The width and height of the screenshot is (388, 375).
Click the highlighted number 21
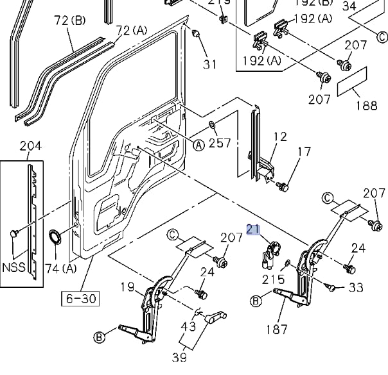pos(253,229)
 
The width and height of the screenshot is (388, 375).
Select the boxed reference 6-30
pos(79,298)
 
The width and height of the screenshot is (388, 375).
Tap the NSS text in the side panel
pos(14,267)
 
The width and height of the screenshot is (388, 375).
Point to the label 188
pos(366,106)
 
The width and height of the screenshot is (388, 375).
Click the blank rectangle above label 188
pos(352,83)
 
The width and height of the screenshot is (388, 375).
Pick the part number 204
pos(30,146)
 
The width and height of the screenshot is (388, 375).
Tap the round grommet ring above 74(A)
pos(57,237)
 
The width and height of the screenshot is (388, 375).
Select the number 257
pos(220,143)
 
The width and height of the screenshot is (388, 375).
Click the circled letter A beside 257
pos(199,146)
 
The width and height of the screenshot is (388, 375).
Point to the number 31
pos(210,64)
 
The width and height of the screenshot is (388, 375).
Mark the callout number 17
pos(304,152)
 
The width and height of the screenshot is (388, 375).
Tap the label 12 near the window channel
pos(280,136)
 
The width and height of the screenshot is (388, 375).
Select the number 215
pos(273,280)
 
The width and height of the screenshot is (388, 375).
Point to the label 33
pos(356,288)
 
